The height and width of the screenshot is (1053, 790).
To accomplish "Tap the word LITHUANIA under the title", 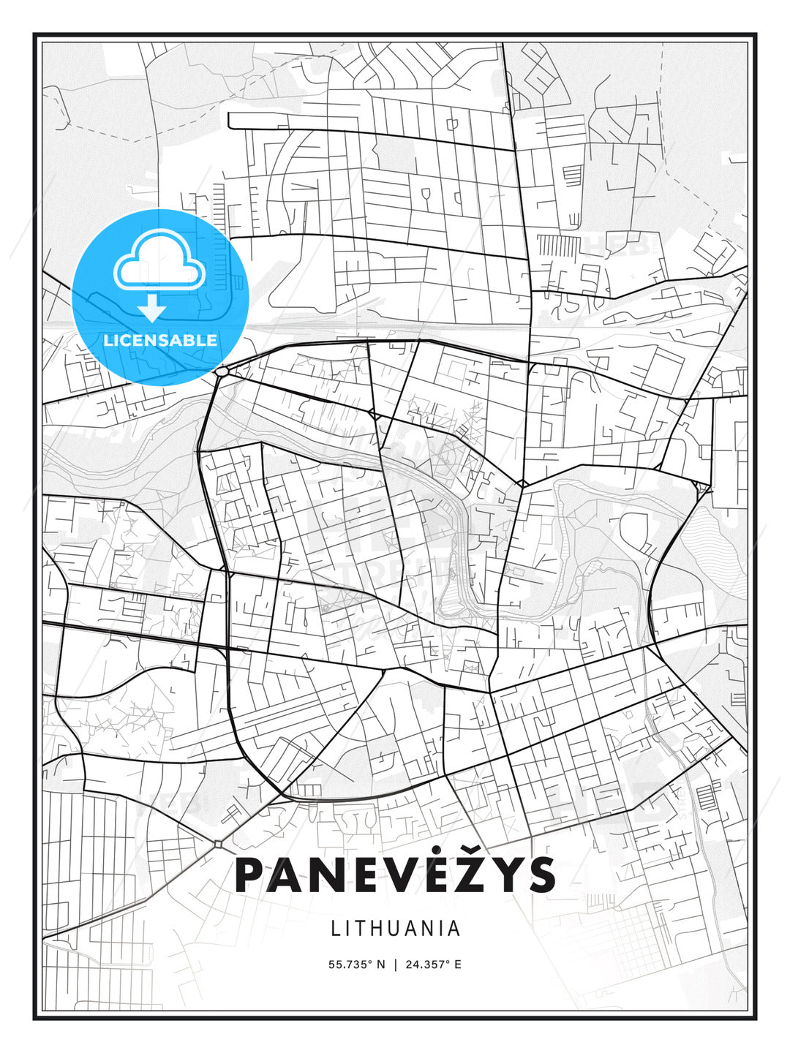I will click(396, 929).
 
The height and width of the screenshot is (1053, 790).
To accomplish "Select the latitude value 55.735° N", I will click(356, 964).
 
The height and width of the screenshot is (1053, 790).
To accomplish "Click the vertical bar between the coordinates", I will click(395, 964).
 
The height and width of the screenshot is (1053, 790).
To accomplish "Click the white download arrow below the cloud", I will click(152, 308).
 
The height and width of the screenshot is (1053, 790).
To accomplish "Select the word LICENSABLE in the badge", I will click(160, 340).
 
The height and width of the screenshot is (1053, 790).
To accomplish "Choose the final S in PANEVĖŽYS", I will click(541, 875).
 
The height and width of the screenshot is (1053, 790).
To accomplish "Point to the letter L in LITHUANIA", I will click(336, 929).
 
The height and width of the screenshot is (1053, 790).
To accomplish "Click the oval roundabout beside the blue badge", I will click(222, 372).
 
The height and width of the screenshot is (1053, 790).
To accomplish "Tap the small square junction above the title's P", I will click(218, 844).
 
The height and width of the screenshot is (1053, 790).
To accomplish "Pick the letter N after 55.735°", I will click(380, 964).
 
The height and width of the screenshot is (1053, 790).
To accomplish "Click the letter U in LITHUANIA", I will click(403, 929).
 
